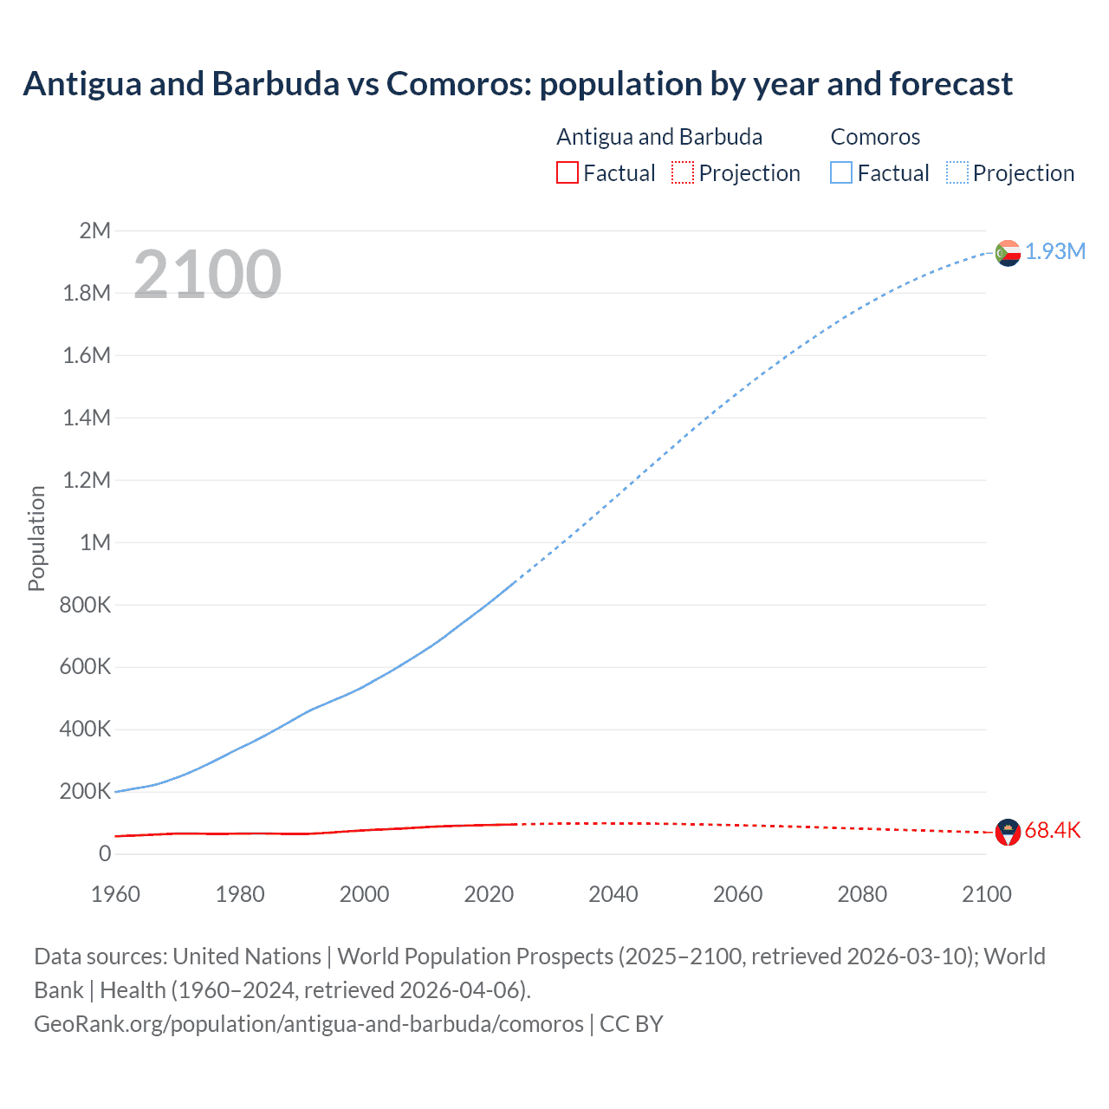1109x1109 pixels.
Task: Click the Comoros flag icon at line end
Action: click(1008, 253)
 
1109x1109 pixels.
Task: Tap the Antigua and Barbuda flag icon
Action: click(1008, 833)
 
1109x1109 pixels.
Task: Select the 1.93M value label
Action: click(1055, 251)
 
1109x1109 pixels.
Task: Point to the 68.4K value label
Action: click(1053, 830)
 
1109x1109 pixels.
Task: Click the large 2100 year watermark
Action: click(207, 275)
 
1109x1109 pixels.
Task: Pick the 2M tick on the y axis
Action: click(95, 230)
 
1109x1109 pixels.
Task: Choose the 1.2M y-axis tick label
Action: click(88, 480)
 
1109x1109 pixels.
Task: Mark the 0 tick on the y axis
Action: click(105, 853)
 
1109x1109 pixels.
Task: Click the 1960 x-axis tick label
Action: click(115, 894)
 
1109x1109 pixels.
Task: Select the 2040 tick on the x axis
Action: click(613, 894)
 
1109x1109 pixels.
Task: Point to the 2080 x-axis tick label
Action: click(862, 894)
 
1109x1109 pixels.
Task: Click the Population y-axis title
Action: click(36, 538)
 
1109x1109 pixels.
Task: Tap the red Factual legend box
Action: click(567, 172)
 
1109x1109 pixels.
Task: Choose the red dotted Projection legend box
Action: click(683, 172)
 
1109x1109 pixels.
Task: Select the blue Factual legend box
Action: click(841, 172)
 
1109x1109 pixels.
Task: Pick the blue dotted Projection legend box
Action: click(957, 172)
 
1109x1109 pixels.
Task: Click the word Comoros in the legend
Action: click(875, 137)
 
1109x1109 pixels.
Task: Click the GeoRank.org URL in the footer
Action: click(308, 1023)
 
